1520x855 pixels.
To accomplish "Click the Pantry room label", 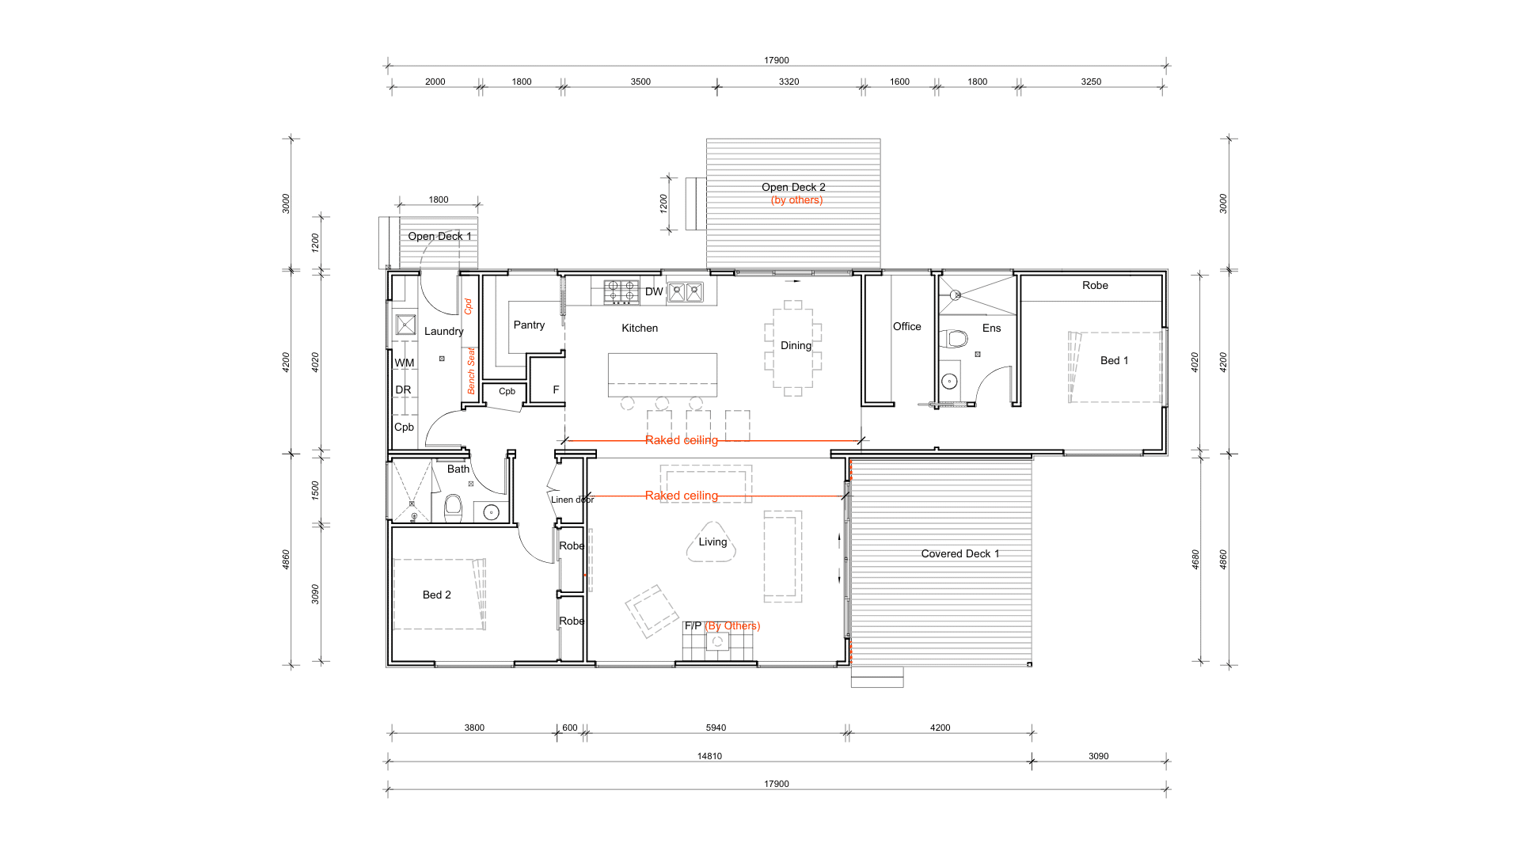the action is coord(529,325).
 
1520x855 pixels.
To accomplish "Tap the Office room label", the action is coord(907,326).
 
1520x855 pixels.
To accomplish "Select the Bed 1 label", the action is coord(1114,360).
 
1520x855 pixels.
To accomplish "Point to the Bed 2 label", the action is coord(436,595).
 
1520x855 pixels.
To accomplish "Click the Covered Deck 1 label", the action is coord(960,553).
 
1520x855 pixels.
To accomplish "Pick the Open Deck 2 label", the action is coord(793,187).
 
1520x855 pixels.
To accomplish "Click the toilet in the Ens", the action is coord(954,340).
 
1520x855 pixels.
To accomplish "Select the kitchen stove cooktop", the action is coord(621,292).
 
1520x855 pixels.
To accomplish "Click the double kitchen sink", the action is coord(685,292).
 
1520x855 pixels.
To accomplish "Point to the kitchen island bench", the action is coord(663,374).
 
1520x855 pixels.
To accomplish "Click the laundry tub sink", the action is coord(405,325).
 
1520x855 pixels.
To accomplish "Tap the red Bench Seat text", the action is coord(471,370).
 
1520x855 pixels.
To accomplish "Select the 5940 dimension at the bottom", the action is coord(716,728).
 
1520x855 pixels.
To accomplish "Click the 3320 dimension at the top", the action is coord(788,82).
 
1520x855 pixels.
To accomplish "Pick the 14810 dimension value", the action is coord(709,756).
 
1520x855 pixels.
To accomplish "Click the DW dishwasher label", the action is coord(654,291).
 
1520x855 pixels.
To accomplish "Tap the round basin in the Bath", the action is coord(491,511).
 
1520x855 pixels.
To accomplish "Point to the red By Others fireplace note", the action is coord(732,625).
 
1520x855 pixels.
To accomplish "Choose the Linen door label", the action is coord(572,500).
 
